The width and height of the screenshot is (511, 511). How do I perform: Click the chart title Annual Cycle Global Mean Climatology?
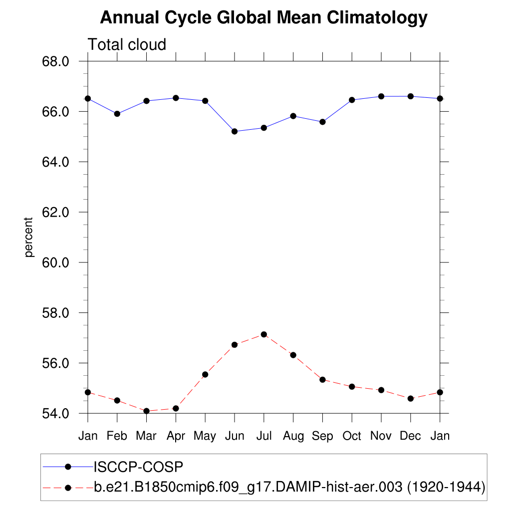pos(263,18)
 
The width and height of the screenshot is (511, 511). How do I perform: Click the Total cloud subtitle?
pos(127,45)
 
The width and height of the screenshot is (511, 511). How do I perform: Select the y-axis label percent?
pos(29,237)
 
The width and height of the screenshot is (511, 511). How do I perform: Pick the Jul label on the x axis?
pos(263,436)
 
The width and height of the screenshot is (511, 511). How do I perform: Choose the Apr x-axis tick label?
pos(176,436)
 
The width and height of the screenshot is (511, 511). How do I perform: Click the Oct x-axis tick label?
pos(352,436)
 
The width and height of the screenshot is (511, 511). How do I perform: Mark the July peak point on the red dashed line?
pos(263,334)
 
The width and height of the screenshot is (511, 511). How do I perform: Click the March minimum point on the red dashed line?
pos(146,411)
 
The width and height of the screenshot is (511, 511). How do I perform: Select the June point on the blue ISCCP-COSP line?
pos(235,131)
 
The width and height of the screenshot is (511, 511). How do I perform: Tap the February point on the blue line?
pos(117,114)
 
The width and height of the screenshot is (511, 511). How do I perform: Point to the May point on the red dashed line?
pos(205,374)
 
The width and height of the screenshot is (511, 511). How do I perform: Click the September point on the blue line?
pos(322,122)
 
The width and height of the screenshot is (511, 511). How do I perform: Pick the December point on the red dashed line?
pos(411,398)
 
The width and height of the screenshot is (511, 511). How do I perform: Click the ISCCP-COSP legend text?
pos(139,467)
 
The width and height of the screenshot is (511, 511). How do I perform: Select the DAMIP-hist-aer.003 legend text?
pos(289,487)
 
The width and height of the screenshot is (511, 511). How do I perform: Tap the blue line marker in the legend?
pos(68,467)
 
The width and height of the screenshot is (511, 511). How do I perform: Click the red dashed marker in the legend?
pos(68,487)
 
